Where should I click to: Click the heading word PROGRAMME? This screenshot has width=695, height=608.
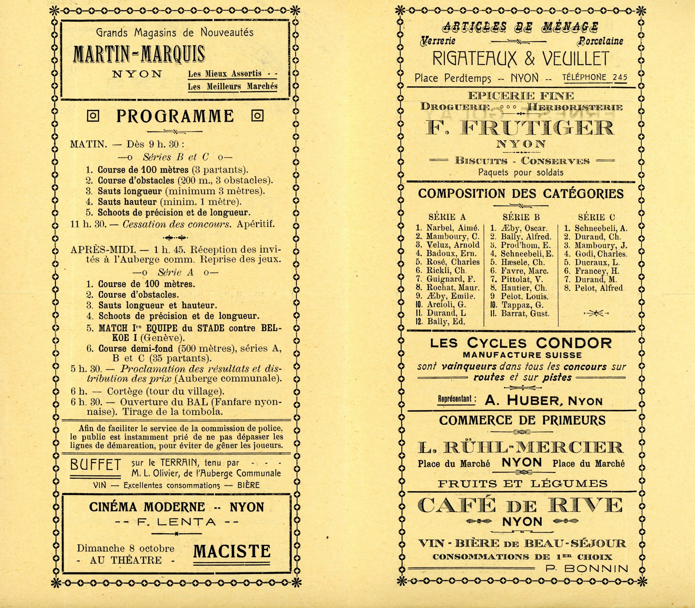pyautogui.click(x=175, y=116)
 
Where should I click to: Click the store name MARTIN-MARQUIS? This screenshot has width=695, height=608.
pyautogui.click(x=139, y=54)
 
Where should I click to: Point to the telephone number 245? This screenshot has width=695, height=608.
pyautogui.click(x=620, y=77)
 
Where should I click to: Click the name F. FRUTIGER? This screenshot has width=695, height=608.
pyautogui.click(x=520, y=128)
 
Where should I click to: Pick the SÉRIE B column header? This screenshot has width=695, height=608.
pyautogui.click(x=521, y=217)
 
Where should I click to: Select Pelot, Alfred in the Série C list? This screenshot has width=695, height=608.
pyautogui.click(x=599, y=288)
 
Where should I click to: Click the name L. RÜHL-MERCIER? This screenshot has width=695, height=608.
pyautogui.click(x=521, y=448)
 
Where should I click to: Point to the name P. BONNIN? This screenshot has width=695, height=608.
pyautogui.click(x=587, y=569)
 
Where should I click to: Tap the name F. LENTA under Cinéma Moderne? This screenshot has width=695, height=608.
pyautogui.click(x=176, y=522)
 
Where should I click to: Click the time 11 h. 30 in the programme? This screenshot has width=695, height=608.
pyautogui.click(x=88, y=224)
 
